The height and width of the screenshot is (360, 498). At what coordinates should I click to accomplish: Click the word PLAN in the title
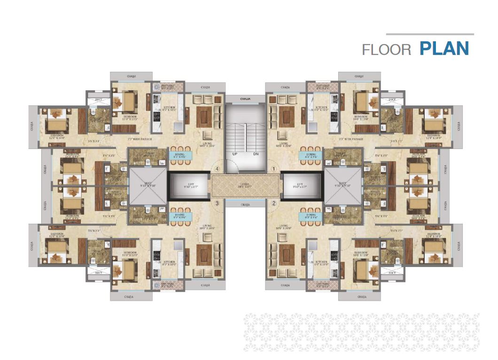click(444, 49)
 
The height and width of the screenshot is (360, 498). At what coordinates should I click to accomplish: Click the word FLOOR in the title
click(387, 50)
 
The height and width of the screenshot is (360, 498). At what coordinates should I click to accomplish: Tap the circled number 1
click(274, 168)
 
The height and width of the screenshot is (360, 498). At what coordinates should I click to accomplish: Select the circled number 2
click(274, 203)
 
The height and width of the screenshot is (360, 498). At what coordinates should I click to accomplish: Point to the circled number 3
click(217, 203)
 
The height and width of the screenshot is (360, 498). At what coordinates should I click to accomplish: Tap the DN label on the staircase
click(256, 154)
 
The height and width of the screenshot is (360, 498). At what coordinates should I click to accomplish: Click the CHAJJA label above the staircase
click(245, 99)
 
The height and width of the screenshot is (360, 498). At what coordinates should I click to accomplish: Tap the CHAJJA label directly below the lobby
click(245, 204)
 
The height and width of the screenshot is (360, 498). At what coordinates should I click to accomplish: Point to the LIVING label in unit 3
click(207, 227)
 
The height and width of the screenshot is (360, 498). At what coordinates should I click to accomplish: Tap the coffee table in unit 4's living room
click(204, 116)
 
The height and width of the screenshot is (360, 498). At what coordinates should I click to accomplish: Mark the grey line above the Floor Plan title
click(429, 34)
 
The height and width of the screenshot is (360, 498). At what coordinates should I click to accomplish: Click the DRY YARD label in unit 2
click(322, 284)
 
